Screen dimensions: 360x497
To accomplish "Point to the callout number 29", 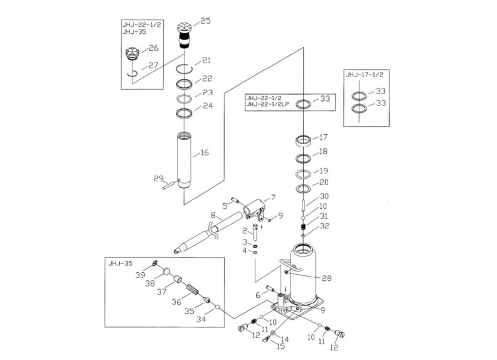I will click(159, 179).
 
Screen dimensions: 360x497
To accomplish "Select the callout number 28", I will click(326, 278).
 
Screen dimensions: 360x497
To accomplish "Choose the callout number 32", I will click(324, 226).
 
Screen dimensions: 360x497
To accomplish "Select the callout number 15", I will click(281, 346).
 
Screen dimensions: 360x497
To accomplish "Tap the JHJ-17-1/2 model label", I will click(363, 75).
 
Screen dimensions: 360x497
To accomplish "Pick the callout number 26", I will click(154, 48).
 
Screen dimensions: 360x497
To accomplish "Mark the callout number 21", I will click(206, 61).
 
